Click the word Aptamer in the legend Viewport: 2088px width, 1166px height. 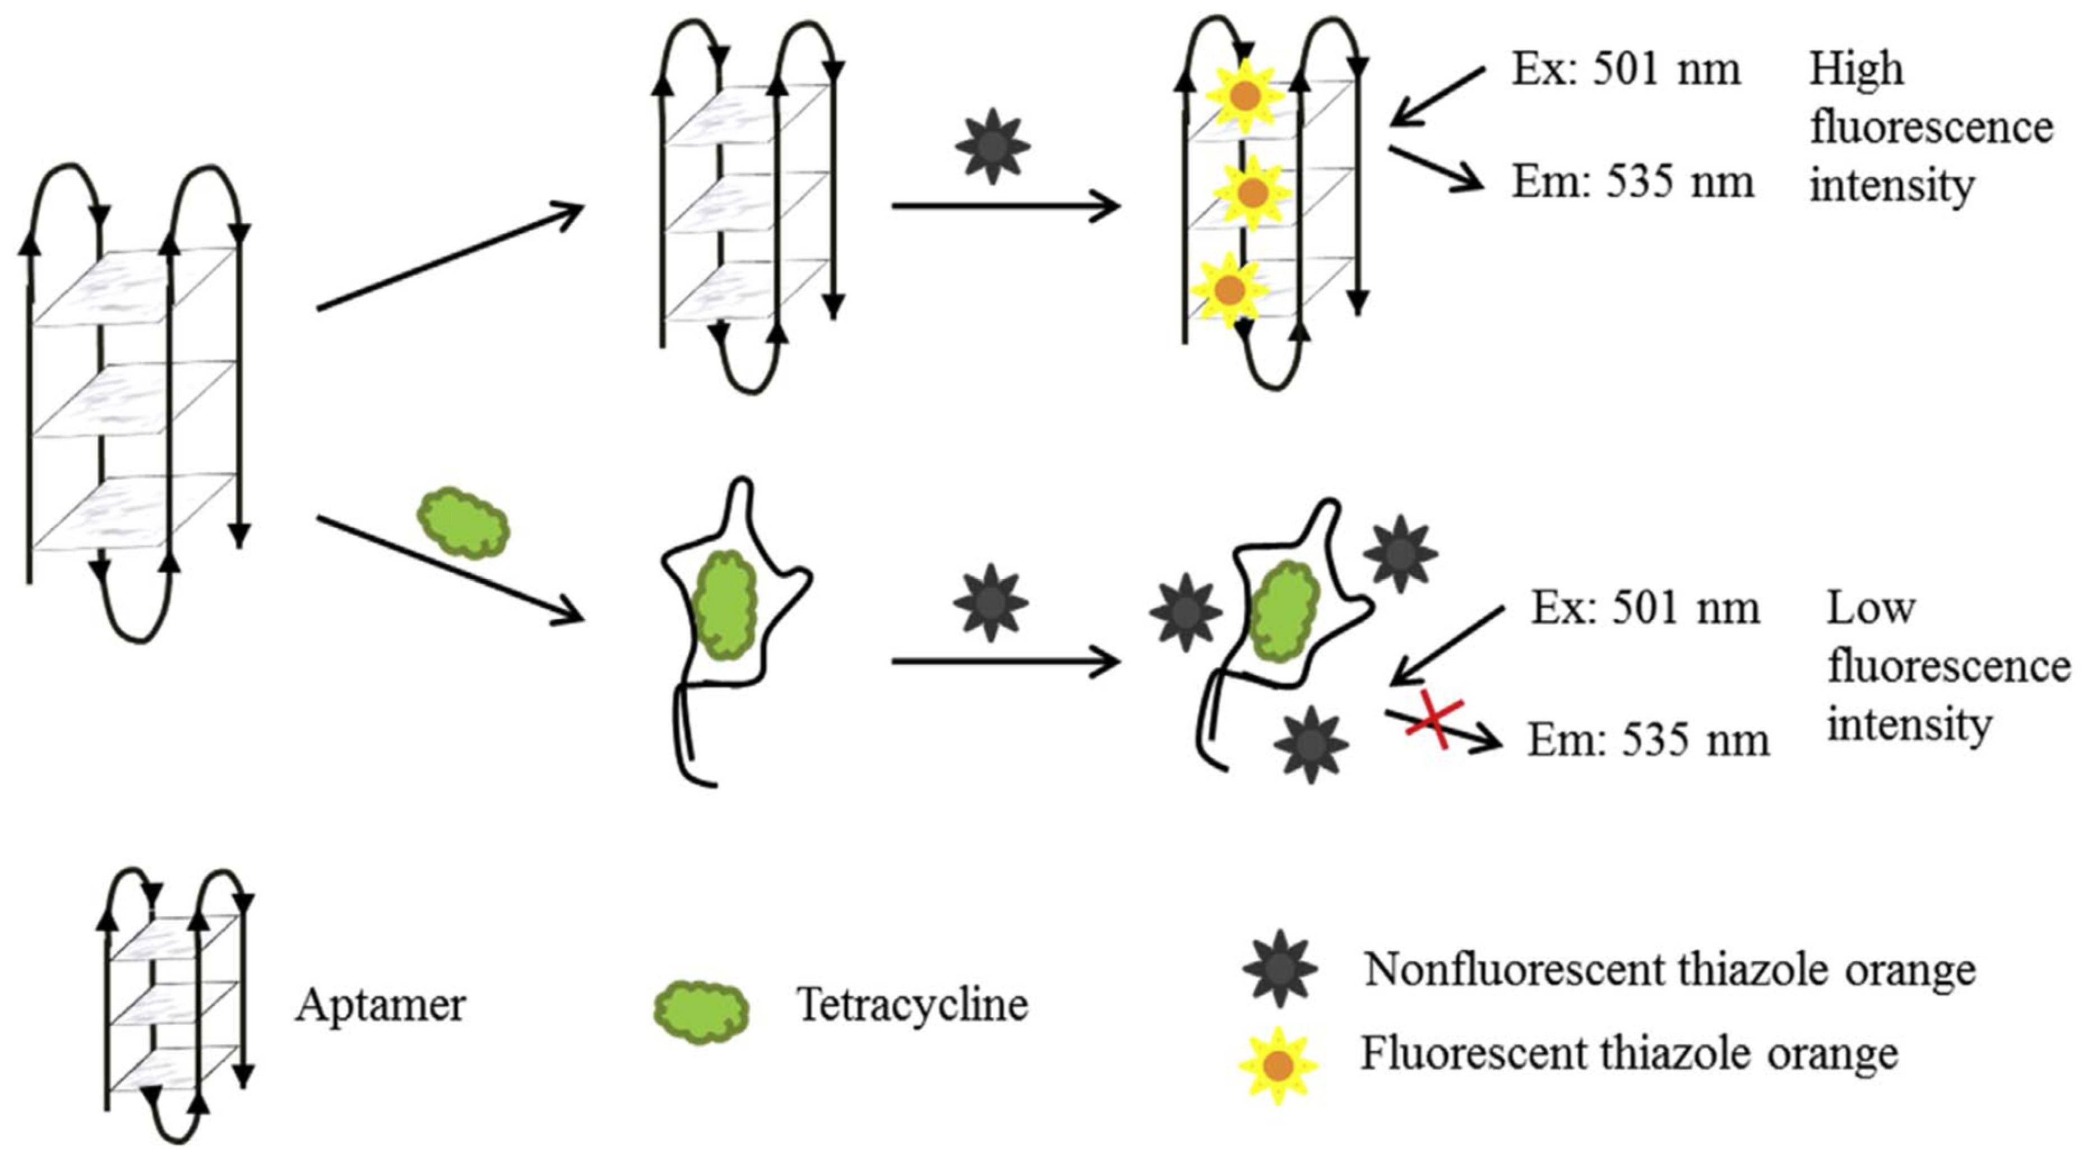pos(380,1006)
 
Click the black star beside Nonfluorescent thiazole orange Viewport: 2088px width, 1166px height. pos(1280,968)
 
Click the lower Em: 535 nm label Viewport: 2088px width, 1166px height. pos(1648,740)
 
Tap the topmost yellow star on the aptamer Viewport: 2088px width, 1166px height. pos(1245,96)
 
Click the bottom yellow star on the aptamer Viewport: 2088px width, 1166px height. pos(1230,289)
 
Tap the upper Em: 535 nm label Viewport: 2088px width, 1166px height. pos(1632,182)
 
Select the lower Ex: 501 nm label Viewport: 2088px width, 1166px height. pos(1645,608)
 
